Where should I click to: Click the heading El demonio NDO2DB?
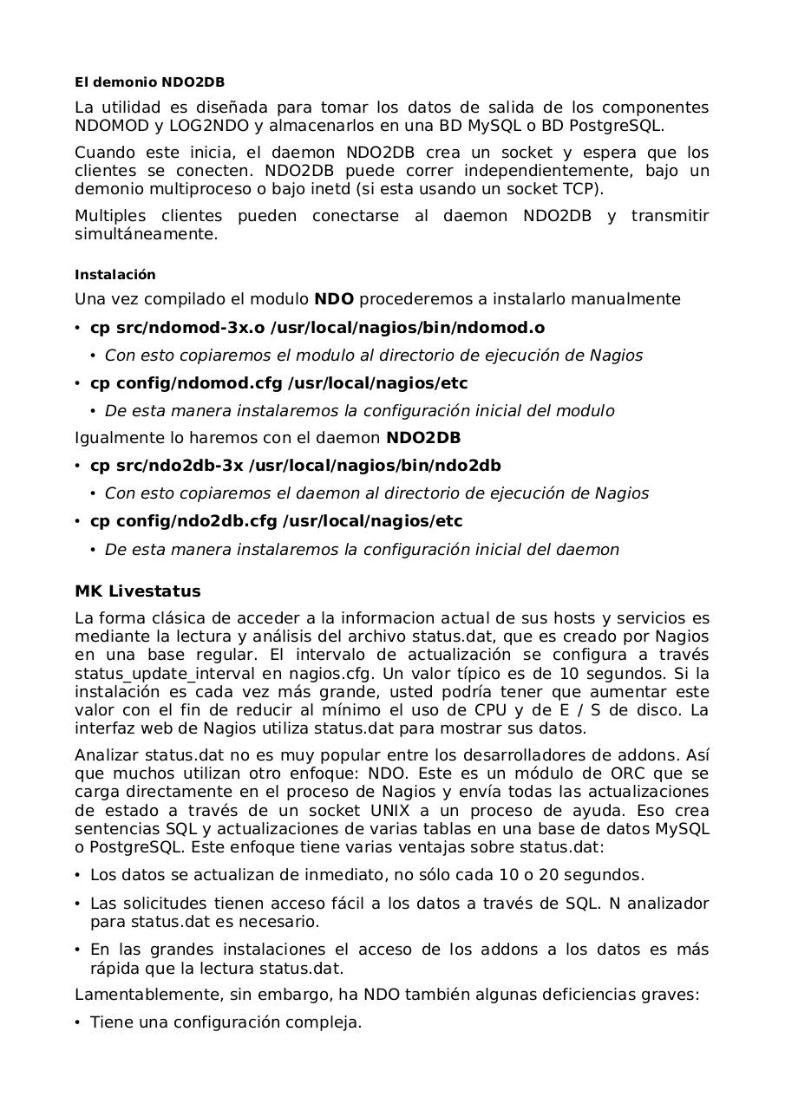point(149,82)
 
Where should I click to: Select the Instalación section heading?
point(115,275)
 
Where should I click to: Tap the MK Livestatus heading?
point(137,591)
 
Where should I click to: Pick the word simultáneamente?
point(146,234)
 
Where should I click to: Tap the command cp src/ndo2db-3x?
point(167,466)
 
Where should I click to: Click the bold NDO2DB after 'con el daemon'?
point(423,438)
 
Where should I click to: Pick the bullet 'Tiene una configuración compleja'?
point(226,1022)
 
